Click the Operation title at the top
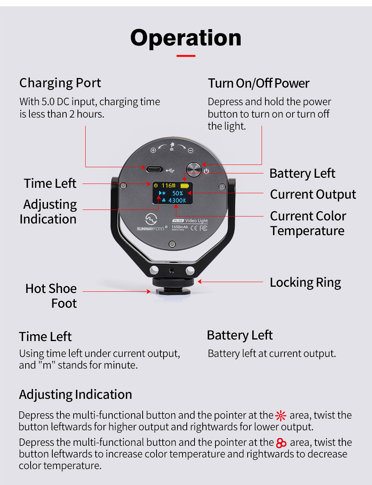186,38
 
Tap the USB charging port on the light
154,169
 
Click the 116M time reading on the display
168,185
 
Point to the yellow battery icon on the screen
184,185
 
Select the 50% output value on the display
177,193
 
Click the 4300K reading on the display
177,201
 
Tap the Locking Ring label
305,282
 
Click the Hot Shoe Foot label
51,296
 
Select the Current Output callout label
313,194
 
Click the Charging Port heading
60,83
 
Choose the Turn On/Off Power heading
258,83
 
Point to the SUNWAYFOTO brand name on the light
150,229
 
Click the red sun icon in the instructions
281,416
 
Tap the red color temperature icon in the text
281,443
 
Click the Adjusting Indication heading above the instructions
76,395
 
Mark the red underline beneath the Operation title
186,56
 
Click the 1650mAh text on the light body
180,227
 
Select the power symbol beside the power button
207,171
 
